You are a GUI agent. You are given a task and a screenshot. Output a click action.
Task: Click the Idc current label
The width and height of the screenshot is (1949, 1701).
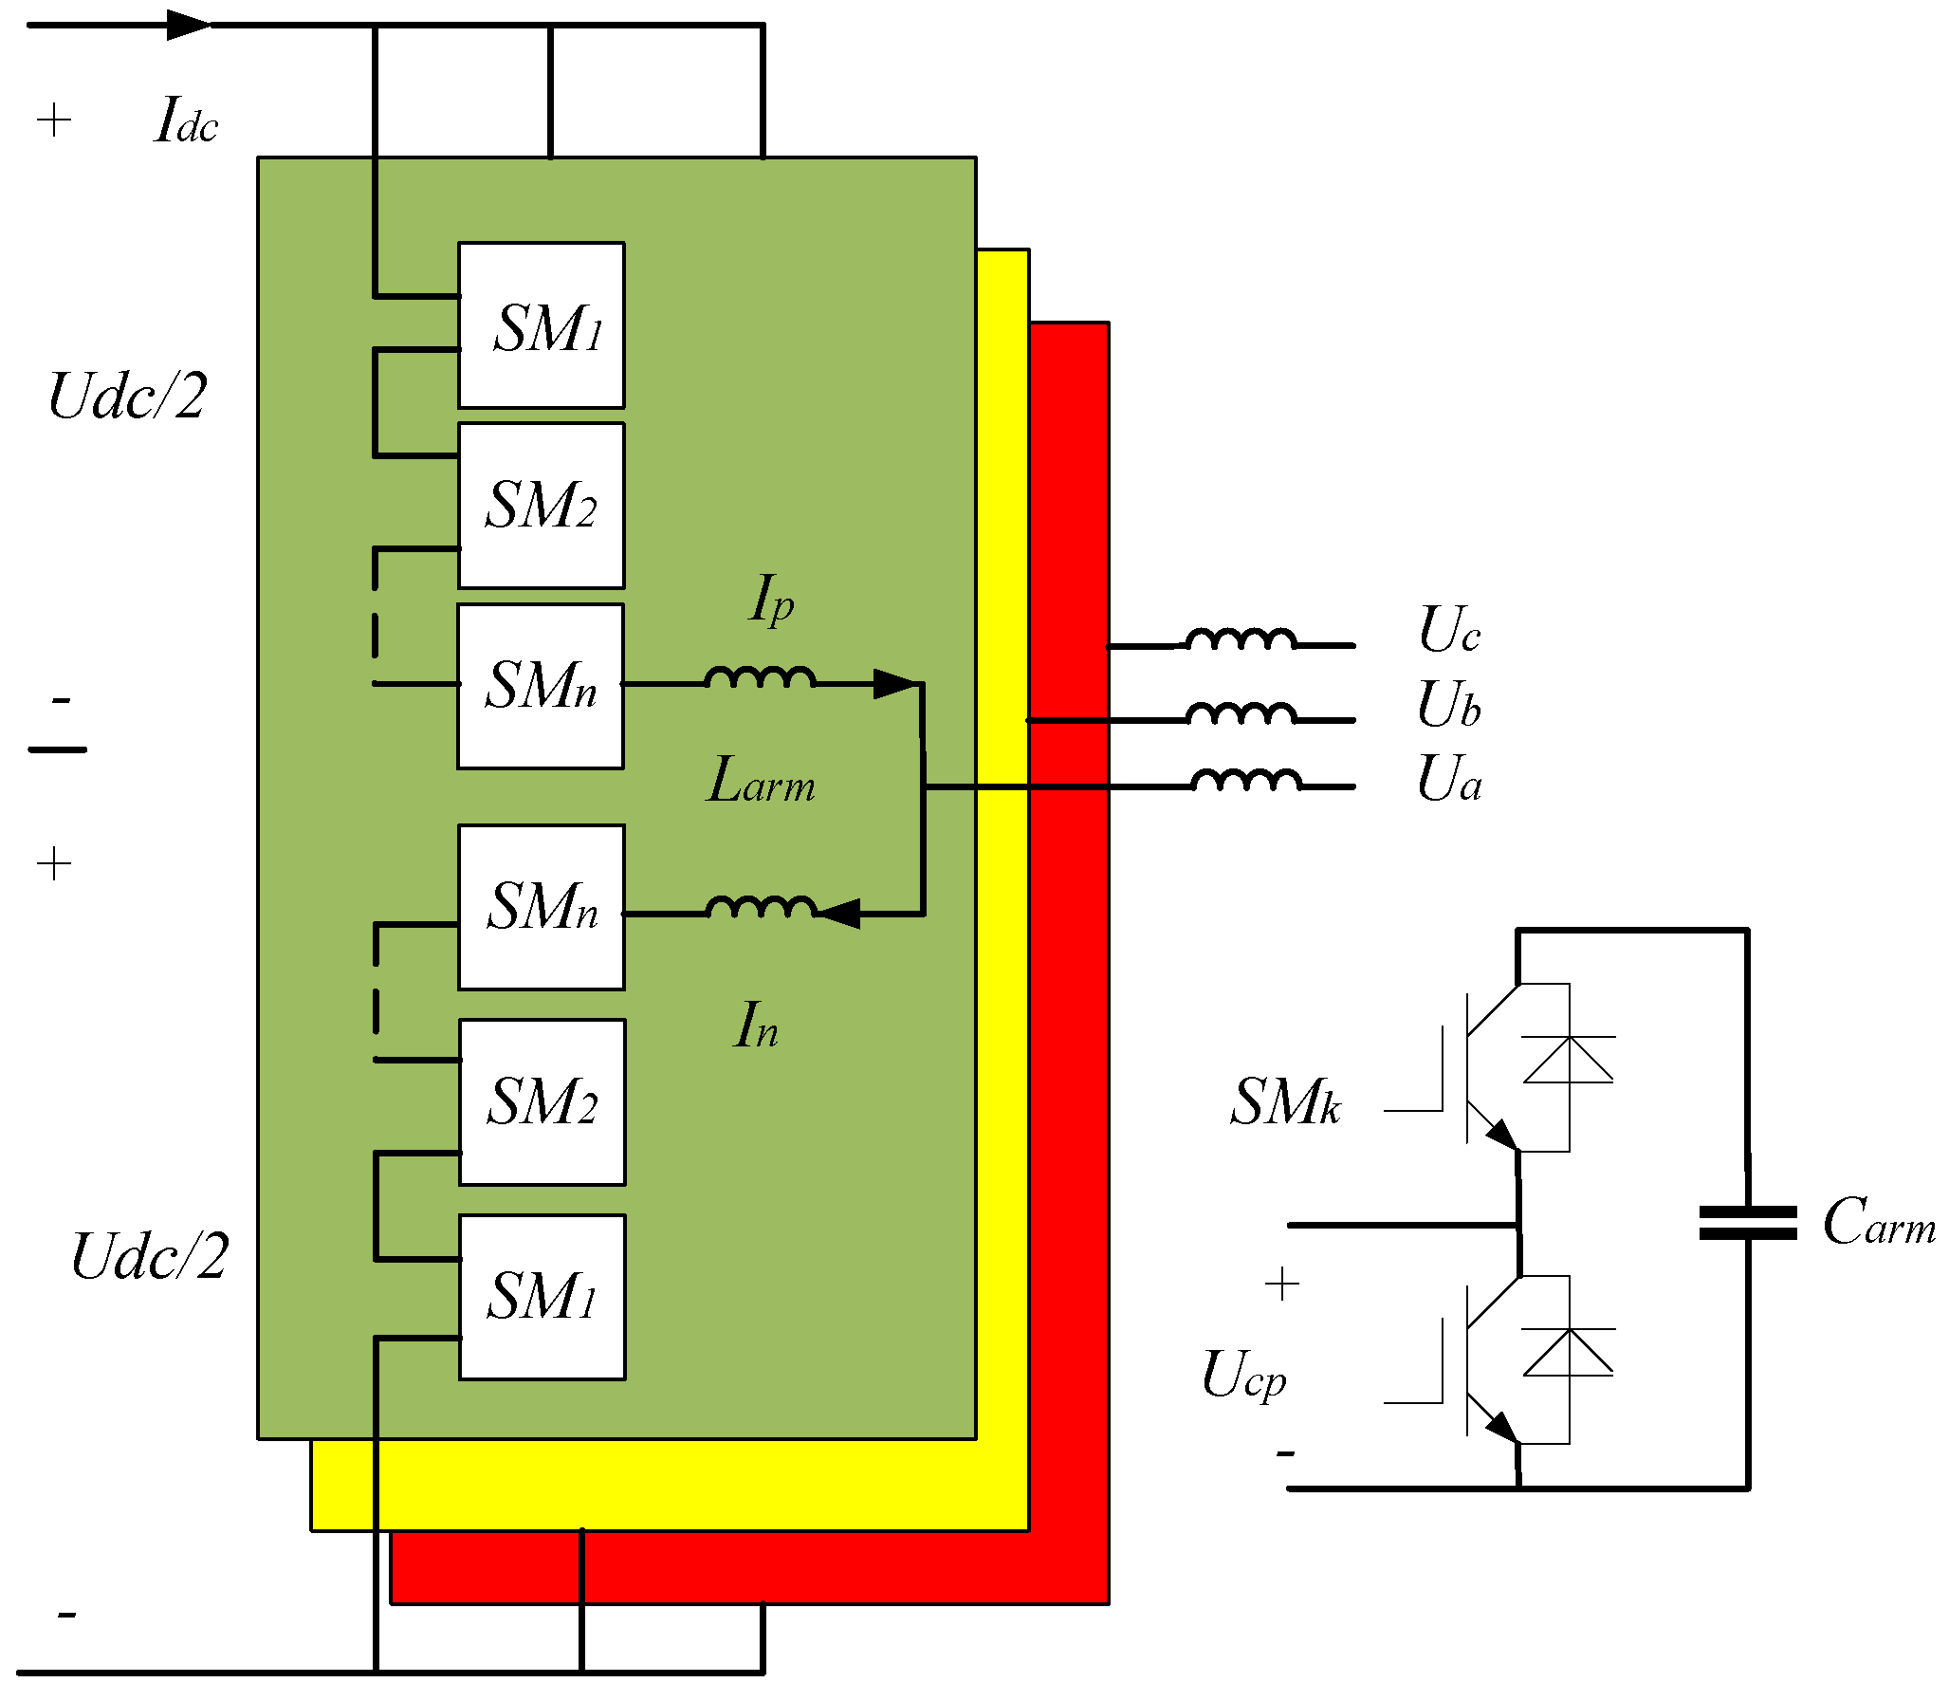point(186,120)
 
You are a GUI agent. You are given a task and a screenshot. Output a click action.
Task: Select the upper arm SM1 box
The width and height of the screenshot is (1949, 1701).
point(542,325)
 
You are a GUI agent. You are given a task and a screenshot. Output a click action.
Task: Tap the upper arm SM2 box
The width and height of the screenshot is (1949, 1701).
point(542,506)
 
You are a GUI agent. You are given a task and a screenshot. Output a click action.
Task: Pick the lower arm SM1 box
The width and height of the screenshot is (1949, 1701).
point(542,1298)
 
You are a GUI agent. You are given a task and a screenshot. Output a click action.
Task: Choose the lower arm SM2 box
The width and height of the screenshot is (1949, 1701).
point(542,1102)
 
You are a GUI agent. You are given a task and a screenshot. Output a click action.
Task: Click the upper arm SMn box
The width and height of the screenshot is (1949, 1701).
point(541,686)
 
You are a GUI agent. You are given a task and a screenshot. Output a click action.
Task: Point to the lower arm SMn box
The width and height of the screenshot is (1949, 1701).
point(542,908)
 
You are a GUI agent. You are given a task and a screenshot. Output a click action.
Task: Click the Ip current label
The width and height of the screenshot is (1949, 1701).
point(771,600)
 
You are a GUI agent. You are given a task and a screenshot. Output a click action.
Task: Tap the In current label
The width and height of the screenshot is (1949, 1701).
point(756,1026)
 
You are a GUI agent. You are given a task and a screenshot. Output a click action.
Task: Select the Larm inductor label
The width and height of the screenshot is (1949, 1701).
point(761,780)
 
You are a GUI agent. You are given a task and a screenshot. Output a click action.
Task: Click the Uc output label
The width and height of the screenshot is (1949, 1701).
point(1449,629)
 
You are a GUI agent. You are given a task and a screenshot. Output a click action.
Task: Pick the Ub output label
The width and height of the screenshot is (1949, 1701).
point(1449,704)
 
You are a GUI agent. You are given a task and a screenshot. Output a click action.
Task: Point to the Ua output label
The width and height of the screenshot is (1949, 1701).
point(1449,779)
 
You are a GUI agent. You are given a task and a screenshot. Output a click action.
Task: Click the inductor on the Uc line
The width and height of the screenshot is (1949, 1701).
point(1241,638)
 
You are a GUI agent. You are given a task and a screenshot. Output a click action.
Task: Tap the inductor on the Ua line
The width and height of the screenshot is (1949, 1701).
point(1246,780)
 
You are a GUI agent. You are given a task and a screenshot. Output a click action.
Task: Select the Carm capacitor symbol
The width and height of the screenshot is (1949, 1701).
point(1748,1223)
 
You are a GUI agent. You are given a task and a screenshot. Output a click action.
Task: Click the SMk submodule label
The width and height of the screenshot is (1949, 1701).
point(1286,1101)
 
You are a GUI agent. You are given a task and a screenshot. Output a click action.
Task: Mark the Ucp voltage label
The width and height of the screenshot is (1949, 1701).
point(1244,1375)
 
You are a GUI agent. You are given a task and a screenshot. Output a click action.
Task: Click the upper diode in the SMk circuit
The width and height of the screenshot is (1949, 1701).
point(1569,1059)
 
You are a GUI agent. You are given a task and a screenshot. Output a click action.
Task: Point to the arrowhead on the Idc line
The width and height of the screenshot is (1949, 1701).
point(190,25)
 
